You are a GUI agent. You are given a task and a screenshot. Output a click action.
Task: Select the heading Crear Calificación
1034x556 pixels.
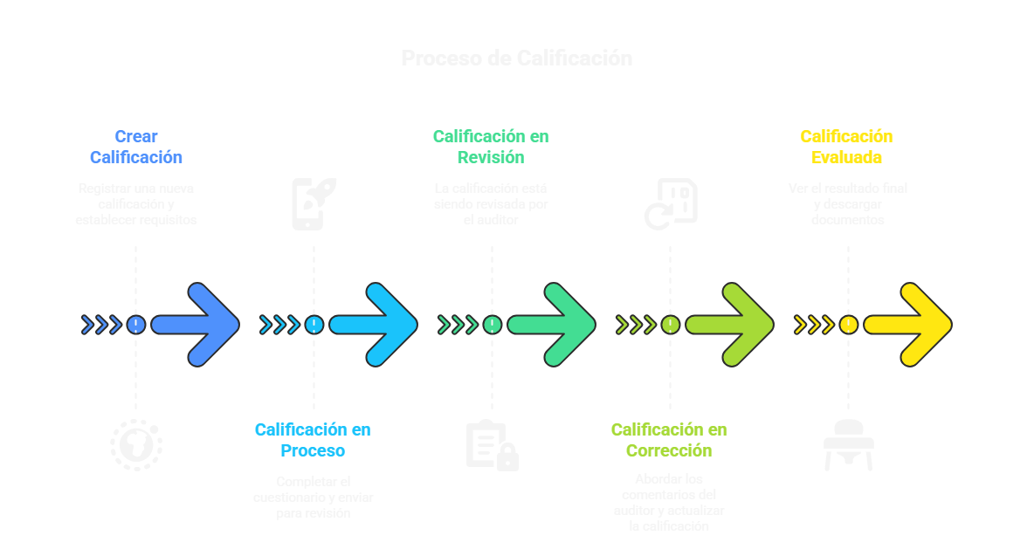point(136,147)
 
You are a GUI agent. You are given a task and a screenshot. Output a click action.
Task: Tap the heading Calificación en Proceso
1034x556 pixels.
point(313,440)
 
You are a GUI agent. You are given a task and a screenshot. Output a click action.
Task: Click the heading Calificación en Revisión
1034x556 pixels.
point(491,147)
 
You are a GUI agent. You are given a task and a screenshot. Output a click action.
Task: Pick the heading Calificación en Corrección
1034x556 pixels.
point(669,440)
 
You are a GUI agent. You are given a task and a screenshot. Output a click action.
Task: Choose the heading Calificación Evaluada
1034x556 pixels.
point(846,147)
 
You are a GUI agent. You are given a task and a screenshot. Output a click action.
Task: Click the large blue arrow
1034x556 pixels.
point(196,325)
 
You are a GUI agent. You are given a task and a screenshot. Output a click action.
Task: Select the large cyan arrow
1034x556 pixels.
point(375,325)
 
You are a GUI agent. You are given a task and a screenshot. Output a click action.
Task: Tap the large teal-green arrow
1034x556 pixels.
point(553,325)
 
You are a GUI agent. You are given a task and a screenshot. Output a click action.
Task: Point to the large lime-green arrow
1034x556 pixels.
point(731,325)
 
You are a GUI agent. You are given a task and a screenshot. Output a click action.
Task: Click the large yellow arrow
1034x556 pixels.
point(909,325)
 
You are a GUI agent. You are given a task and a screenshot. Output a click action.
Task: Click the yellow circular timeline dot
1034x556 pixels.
point(848,325)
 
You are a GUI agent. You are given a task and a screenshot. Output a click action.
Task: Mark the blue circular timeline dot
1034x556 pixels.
point(135,325)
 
